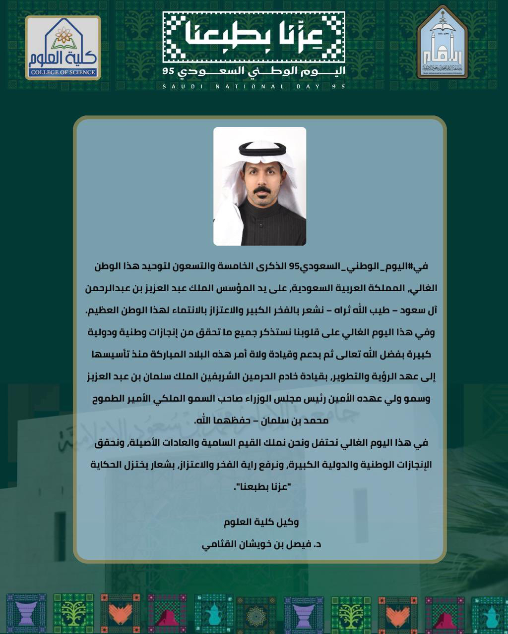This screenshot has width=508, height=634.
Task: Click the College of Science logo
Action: [x=63, y=48]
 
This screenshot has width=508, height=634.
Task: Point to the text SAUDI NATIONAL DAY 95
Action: [x=254, y=87]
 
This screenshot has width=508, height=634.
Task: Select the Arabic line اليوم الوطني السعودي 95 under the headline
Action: [x=254, y=71]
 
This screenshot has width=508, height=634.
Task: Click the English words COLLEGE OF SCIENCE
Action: [x=63, y=72]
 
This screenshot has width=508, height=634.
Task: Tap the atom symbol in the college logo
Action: [x=63, y=35]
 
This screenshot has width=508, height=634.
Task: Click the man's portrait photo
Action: [x=259, y=186]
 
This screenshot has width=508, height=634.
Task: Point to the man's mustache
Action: [x=262, y=191]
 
